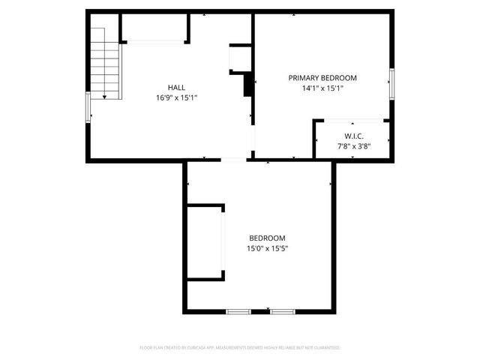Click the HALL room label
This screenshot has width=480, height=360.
[x=176, y=87]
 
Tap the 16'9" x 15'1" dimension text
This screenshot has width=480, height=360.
[x=176, y=97]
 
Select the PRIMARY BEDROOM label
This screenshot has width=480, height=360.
[x=322, y=78]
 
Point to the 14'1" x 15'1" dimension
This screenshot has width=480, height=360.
[x=322, y=88]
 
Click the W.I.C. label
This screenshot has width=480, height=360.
[x=350, y=136]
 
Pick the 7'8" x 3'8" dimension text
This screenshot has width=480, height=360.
[x=350, y=145]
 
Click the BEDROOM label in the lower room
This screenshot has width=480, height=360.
[x=267, y=238]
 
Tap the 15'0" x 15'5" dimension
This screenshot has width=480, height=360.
[x=267, y=248]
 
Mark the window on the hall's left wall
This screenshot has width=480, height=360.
[x=88, y=107]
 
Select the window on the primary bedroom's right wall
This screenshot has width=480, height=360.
[x=391, y=82]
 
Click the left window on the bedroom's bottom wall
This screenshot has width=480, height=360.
[x=238, y=310]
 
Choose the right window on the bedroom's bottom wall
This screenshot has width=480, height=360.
[x=283, y=310]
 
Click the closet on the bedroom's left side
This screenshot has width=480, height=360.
[x=204, y=242]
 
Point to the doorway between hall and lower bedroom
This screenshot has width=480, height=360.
[x=233, y=159]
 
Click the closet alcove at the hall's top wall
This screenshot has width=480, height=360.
[x=154, y=28]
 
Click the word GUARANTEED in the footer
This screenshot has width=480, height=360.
[x=328, y=348]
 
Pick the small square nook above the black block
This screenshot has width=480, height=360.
[x=239, y=58]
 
